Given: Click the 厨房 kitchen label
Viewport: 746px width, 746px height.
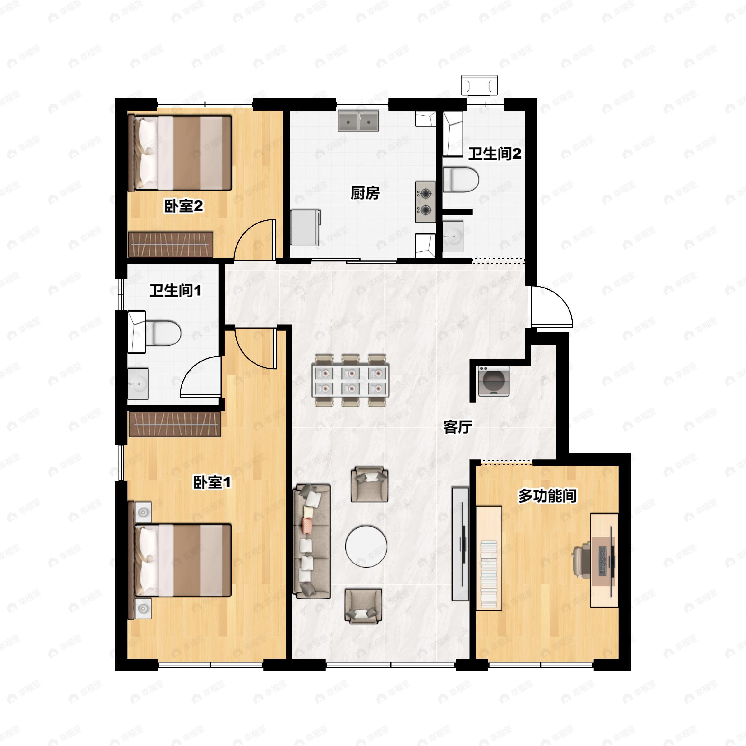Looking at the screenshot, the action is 365,193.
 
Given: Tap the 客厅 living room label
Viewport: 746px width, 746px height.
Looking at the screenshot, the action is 458,427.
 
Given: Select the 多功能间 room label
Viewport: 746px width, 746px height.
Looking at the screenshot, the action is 547,496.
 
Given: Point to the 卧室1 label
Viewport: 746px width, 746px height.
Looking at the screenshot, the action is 212,482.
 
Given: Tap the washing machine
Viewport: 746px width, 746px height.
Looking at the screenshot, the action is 494,381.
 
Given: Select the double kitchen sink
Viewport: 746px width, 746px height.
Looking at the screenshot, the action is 358,121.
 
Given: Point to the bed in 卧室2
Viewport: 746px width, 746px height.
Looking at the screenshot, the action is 180,153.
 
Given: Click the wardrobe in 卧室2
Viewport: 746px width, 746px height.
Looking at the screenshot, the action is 171,244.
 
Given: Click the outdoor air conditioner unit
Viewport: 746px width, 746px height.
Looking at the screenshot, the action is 480,86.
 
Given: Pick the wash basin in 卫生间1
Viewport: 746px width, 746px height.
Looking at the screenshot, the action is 138,384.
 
